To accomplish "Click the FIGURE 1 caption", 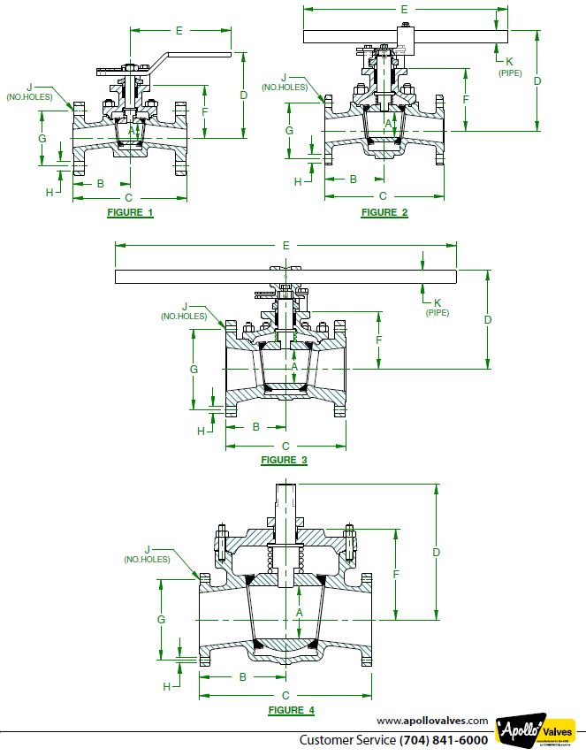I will click(x=130, y=213).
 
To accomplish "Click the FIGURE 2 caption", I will click(x=384, y=212).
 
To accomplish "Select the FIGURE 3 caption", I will click(x=284, y=460).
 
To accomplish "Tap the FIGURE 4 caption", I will click(x=291, y=710).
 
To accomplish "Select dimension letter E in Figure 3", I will click(x=285, y=244).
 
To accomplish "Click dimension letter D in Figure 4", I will click(x=436, y=552).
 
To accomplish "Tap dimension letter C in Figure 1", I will click(x=129, y=197).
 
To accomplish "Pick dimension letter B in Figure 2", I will click(x=354, y=179).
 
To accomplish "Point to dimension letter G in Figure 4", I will click(x=161, y=620).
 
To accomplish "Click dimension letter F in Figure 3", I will click(x=378, y=340).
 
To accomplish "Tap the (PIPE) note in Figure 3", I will click(x=438, y=312).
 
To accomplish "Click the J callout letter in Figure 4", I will click(x=147, y=548).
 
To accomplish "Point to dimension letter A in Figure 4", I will click(x=300, y=612).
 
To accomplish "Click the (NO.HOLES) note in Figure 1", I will click(x=29, y=96).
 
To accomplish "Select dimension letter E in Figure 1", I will click(x=179, y=31).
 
